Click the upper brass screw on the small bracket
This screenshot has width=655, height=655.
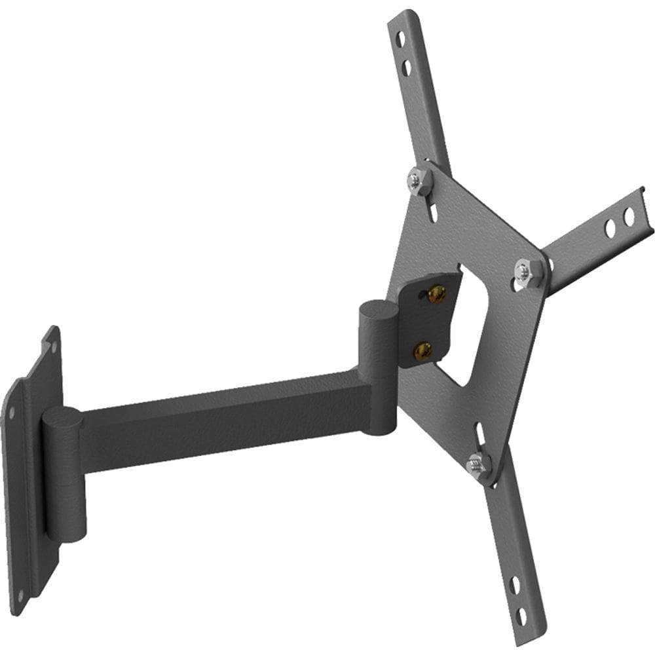437,294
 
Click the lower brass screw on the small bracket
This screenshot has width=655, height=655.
423,350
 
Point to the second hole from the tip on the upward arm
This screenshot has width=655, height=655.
407,66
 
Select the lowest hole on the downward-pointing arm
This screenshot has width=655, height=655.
521,616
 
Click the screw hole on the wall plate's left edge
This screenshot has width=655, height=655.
11,413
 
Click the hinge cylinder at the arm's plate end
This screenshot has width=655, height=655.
376,367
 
